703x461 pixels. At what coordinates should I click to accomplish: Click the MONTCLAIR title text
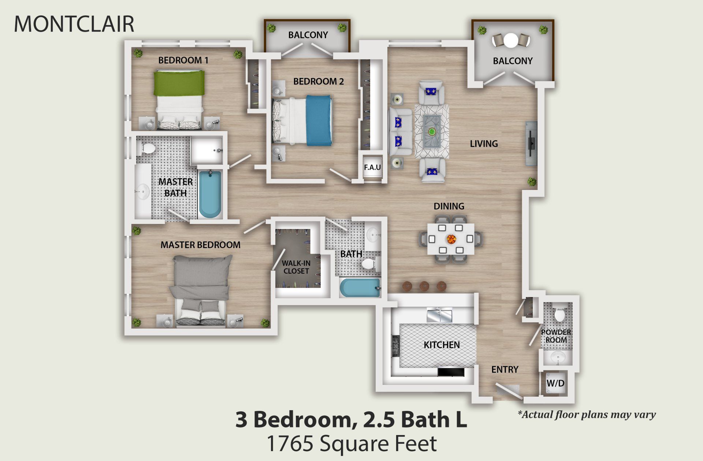point(74,24)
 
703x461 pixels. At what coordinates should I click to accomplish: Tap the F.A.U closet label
point(372,168)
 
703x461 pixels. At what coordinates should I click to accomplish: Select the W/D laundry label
point(555,383)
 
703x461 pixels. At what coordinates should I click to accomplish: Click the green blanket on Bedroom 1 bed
point(179,83)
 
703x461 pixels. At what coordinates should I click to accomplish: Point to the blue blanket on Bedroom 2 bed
point(319,120)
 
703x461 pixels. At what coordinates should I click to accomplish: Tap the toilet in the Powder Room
point(559,315)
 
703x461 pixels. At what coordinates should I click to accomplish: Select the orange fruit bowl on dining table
point(451,239)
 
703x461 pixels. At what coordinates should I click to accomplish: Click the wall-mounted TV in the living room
point(531,143)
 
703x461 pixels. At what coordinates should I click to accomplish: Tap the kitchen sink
point(440,315)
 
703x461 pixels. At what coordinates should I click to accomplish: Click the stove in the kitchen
point(395,346)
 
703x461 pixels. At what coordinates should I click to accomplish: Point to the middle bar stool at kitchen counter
point(424,286)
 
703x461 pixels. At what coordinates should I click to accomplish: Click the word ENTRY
point(505,370)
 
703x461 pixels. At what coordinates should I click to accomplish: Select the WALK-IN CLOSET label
point(296,267)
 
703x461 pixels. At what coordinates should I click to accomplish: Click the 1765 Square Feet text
point(351,443)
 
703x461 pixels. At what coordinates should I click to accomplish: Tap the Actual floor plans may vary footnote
point(586,415)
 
